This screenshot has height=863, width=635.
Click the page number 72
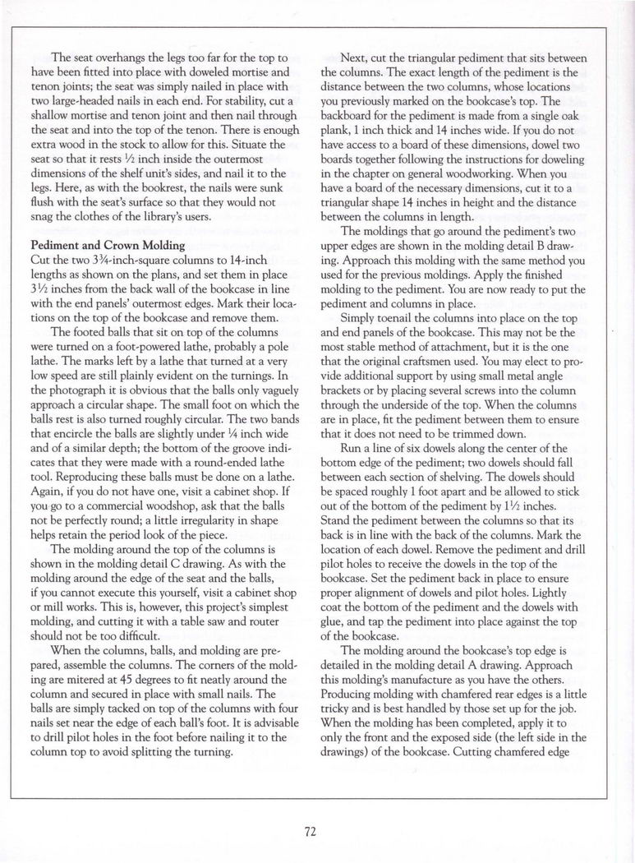pyautogui.click(x=311, y=831)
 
